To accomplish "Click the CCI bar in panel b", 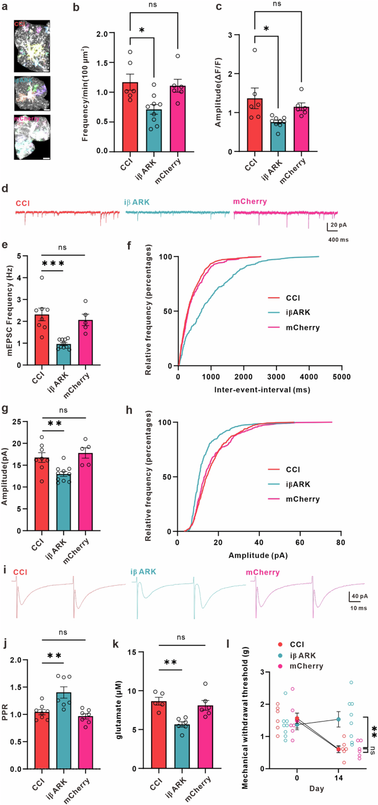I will [130, 117].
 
